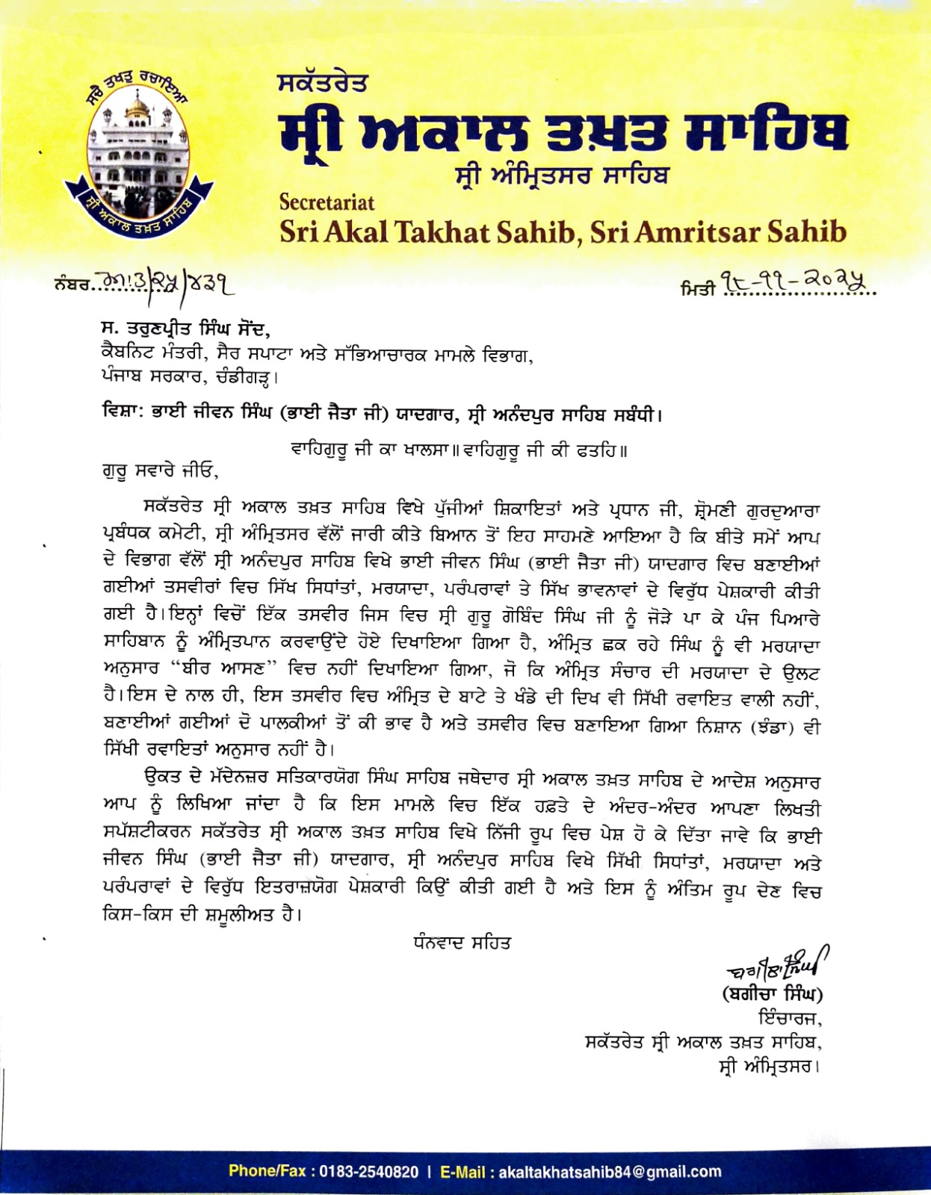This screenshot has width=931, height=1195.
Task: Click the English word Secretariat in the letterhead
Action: [x=327, y=202]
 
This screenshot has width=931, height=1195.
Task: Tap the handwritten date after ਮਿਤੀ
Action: [x=792, y=282]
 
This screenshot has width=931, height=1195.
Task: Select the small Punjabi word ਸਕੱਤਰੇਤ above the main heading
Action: [x=321, y=82]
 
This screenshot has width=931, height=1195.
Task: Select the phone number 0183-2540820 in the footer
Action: [x=369, y=1171]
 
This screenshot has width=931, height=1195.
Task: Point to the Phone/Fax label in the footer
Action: [x=267, y=1171]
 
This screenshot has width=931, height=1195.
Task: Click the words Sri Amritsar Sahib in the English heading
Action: [x=718, y=232]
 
